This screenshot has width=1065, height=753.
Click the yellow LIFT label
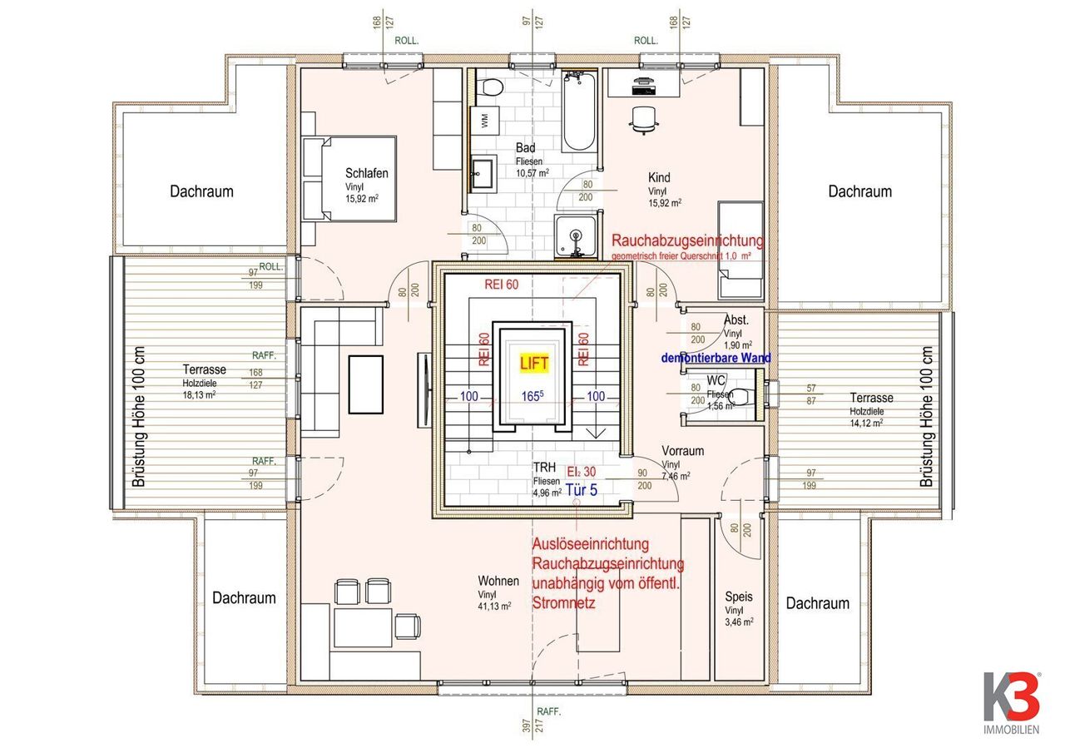(x=534, y=363)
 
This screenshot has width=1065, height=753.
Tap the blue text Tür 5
(x=582, y=490)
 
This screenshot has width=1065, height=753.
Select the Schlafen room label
(x=367, y=173)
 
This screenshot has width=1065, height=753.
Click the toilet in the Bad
(x=491, y=86)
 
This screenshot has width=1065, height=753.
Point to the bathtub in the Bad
(x=577, y=111)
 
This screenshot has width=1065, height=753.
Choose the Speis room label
(x=739, y=597)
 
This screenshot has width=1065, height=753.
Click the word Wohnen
(x=498, y=581)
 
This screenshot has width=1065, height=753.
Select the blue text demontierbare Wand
(x=716, y=358)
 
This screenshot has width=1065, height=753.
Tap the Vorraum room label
(x=683, y=451)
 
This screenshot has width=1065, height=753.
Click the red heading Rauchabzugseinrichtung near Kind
(x=686, y=240)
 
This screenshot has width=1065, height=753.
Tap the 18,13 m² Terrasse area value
(x=199, y=395)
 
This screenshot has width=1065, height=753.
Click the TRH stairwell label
(x=544, y=468)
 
